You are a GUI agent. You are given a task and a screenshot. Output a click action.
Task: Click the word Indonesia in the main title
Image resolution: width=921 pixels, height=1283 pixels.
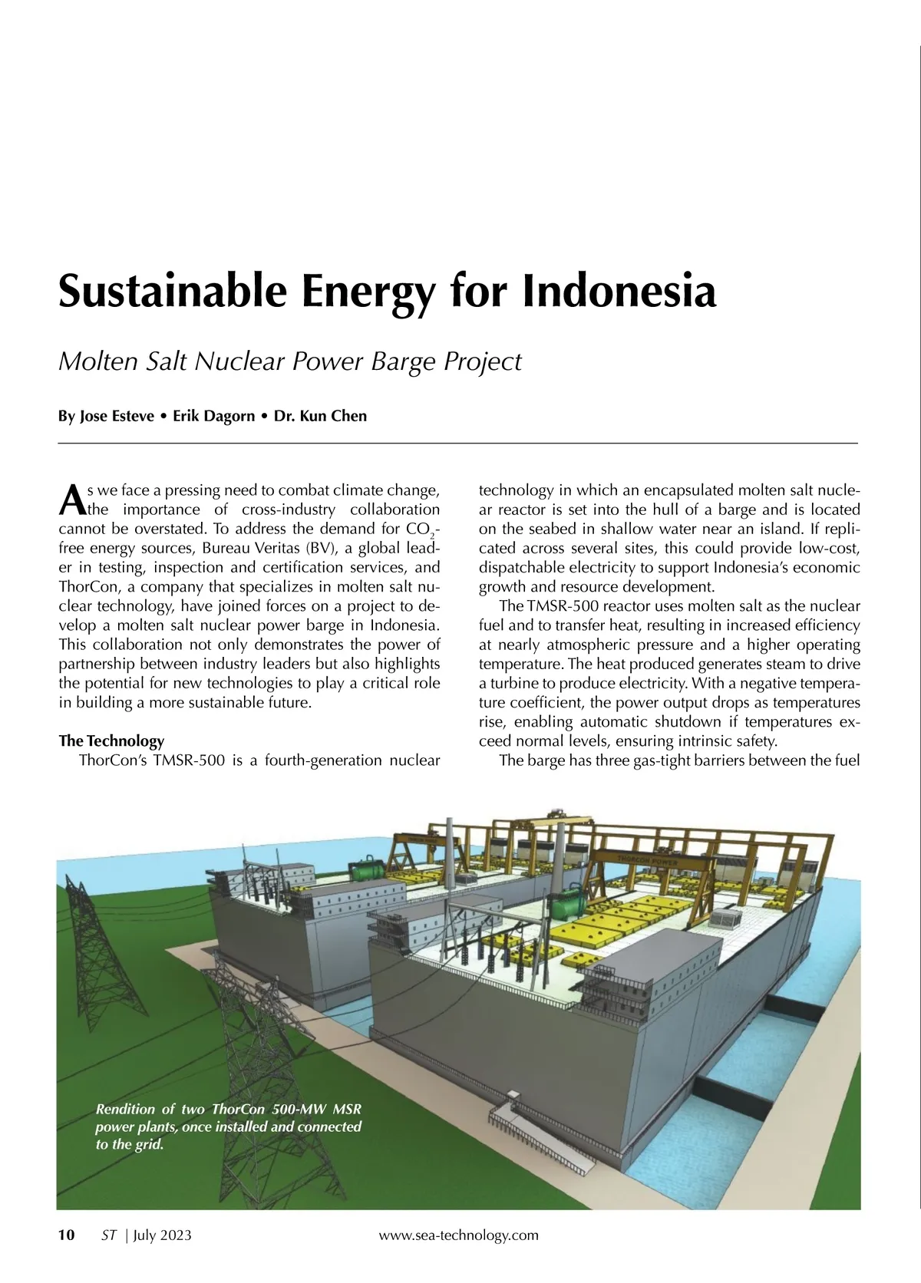coord(619,291)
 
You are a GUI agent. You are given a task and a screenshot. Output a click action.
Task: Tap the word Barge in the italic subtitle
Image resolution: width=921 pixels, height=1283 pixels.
coord(401,361)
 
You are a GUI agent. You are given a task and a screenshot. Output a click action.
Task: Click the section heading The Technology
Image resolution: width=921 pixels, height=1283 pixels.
coord(111,740)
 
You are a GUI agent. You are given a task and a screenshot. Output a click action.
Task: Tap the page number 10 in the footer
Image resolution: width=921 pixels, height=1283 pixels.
coord(67,1235)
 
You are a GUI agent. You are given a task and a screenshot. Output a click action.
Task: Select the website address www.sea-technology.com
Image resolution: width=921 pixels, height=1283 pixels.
coord(459,1235)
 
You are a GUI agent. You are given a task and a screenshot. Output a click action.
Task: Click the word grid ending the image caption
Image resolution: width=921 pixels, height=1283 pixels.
coord(149,1145)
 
